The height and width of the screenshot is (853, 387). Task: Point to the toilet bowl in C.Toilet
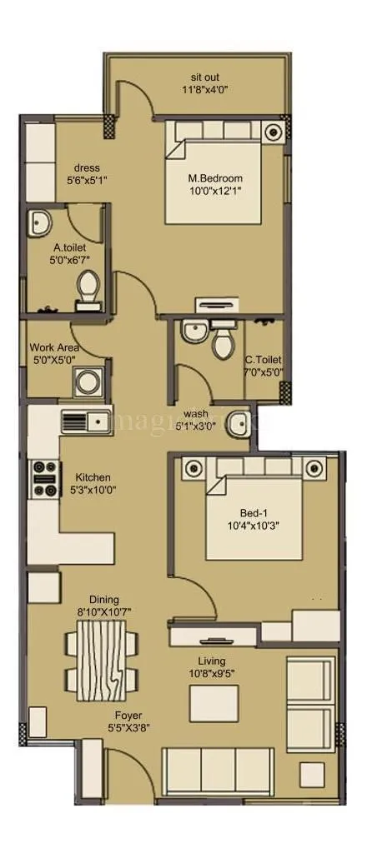click(x=223, y=342)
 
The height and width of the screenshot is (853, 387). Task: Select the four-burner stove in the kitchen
click(x=43, y=479)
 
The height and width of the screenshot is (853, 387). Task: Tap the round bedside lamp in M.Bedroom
click(x=273, y=132)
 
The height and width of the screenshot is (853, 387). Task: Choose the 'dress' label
click(x=87, y=167)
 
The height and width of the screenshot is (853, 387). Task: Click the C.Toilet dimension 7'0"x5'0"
click(x=264, y=372)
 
